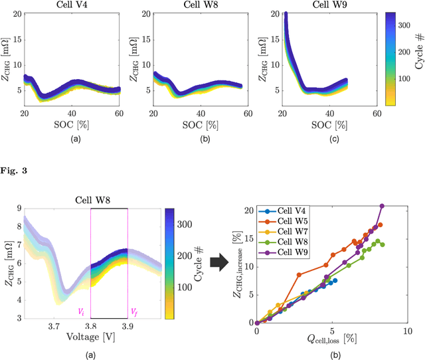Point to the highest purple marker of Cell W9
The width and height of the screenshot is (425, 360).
pos(382,206)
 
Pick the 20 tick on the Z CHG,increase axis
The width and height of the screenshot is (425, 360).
pos(249,210)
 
